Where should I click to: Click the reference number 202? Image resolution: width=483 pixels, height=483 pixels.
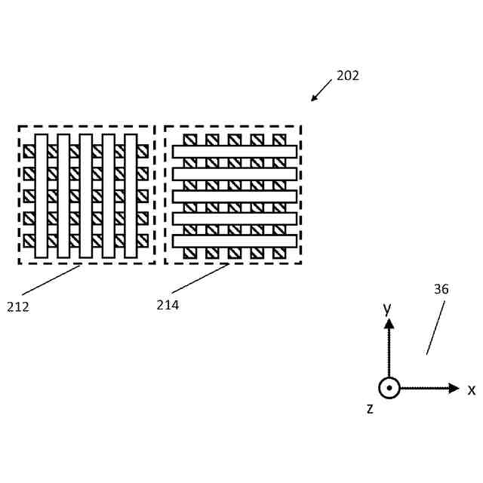point(348,75)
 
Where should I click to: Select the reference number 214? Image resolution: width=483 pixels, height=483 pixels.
point(168,305)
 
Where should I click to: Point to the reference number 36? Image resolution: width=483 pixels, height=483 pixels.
point(441,289)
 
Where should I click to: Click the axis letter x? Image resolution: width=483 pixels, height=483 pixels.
point(472,390)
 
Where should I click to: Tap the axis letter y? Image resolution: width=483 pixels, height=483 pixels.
point(386,308)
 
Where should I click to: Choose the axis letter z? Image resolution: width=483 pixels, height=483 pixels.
point(370,408)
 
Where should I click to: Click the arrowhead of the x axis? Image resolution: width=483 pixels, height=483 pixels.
point(454,388)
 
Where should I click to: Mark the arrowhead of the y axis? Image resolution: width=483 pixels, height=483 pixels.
point(389,324)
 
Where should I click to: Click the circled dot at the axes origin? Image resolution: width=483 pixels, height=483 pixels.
point(389,388)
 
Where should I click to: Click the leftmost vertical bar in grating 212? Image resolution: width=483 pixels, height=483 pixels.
point(41,195)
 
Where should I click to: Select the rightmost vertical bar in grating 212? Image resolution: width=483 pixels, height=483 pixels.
point(131,195)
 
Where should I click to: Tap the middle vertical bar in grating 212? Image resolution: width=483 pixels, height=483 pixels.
point(86,195)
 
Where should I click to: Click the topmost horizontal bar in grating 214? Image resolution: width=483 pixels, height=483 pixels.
point(234,152)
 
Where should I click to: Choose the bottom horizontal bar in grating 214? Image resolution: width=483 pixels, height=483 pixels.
point(234,241)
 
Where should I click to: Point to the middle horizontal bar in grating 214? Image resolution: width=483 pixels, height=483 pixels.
point(234,196)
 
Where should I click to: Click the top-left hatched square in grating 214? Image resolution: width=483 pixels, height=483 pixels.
point(190,140)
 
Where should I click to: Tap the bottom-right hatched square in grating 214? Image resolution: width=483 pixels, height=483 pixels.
point(280,252)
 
